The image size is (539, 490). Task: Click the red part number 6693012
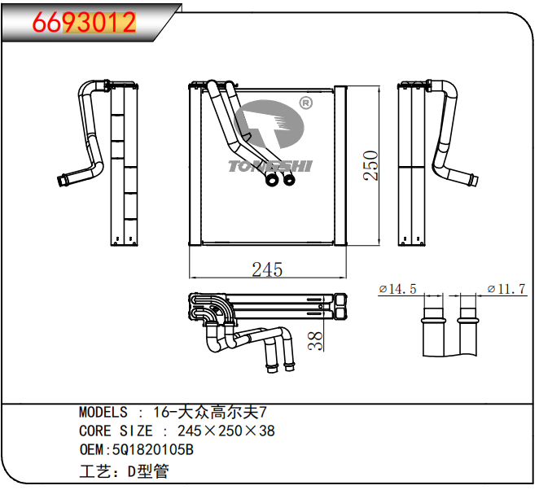pyautogui.click(x=84, y=22)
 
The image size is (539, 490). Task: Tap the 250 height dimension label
pyautogui.click(x=370, y=165)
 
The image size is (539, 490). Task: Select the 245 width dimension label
pyautogui.click(x=267, y=269)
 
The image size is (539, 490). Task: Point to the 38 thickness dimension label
pyautogui.click(x=315, y=340)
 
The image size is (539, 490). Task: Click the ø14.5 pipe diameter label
pyautogui.click(x=397, y=289)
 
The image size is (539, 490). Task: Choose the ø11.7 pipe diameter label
pyautogui.click(x=506, y=289)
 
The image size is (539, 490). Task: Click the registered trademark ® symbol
pyautogui.click(x=306, y=103)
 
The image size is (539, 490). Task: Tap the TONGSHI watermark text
pyautogui.click(x=270, y=166)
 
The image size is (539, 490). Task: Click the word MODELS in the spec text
pyautogui.click(x=103, y=412)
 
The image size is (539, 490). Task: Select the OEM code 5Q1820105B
pyautogui.click(x=153, y=449)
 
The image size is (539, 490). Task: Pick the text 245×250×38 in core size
pyautogui.click(x=226, y=431)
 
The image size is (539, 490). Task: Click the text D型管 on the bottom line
pyautogui.click(x=148, y=471)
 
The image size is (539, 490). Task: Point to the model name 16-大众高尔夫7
pyautogui.click(x=210, y=412)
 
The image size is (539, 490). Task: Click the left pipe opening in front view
pyautogui.click(x=272, y=180)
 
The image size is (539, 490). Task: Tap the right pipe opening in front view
pyautogui.click(x=289, y=180)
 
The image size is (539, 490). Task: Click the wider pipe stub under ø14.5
pyautogui.click(x=433, y=332)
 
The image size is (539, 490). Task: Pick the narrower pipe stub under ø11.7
pyautogui.click(x=468, y=332)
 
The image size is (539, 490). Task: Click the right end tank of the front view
pyautogui.click(x=340, y=165)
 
